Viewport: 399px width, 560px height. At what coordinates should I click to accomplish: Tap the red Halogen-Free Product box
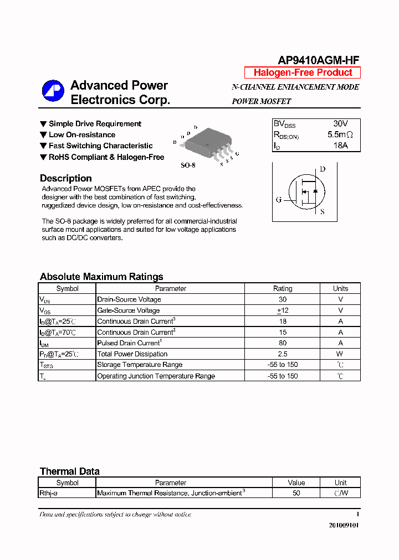303,72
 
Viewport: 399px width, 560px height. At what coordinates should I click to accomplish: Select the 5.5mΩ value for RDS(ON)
340,134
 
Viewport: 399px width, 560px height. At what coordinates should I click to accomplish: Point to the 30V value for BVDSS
340,123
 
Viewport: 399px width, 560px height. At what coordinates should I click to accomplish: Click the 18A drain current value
340,146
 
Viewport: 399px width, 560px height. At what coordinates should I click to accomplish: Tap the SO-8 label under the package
188,165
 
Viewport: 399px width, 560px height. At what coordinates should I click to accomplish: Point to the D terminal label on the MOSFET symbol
323,169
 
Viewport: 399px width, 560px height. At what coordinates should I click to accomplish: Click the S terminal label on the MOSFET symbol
323,211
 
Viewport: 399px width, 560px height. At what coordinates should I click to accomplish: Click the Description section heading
66,178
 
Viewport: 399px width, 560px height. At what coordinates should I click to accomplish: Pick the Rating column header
283,288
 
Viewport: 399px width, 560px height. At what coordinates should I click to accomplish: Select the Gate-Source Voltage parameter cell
129,310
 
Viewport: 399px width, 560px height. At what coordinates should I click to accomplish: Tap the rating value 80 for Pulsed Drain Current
283,343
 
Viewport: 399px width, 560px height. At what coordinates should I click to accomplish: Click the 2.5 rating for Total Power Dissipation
283,354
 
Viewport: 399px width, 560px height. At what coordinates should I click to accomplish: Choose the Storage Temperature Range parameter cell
140,365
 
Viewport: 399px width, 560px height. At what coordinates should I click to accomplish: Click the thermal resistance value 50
296,493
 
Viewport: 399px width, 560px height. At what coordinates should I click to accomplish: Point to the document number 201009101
343,525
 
